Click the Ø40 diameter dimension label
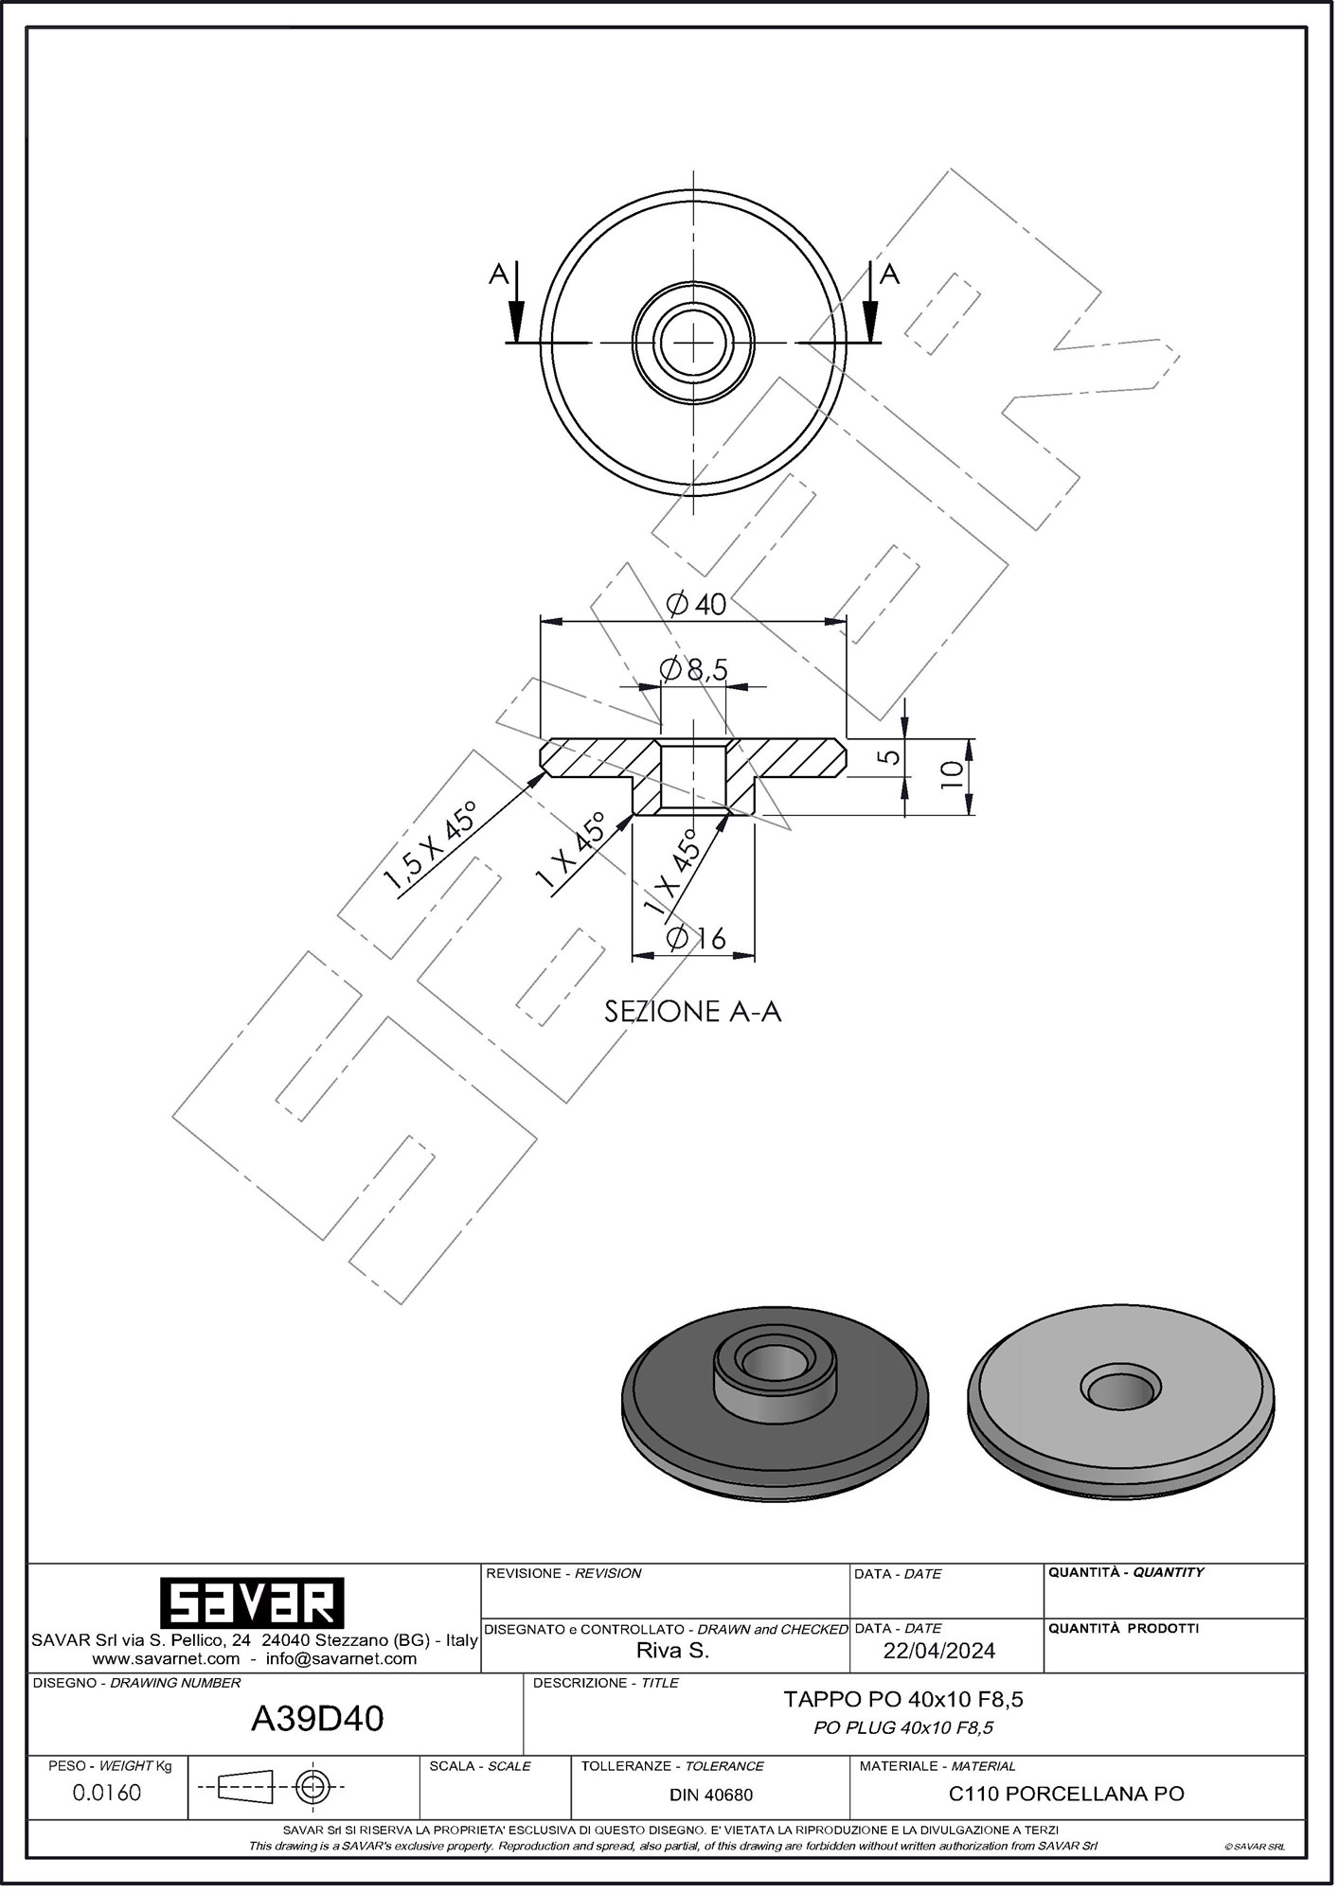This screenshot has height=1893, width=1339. click(696, 604)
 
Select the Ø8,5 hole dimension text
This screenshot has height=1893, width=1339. click(694, 670)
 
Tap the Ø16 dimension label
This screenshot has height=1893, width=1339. click(696, 939)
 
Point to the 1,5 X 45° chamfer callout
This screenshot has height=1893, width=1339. click(430, 847)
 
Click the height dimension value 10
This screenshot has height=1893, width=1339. click(953, 775)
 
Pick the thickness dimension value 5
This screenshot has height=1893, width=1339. click(888, 757)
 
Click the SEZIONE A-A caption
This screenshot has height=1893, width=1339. click(693, 1012)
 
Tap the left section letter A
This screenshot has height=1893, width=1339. click(499, 274)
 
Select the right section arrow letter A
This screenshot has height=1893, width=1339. click(889, 274)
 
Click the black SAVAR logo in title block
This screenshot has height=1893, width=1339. click(251, 1602)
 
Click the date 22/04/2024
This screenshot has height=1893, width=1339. click(938, 1651)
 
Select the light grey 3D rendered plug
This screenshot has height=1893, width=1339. click(1122, 1400)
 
